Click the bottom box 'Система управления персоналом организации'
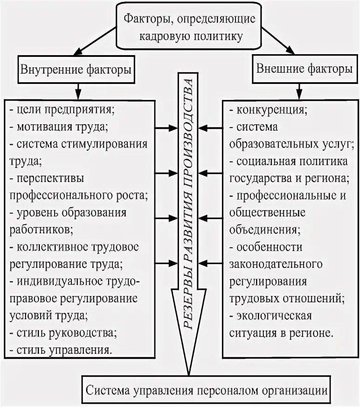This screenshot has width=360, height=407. coord(206,389)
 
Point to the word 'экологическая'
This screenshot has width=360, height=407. coord(274,316)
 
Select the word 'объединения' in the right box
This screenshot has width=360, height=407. coord(263,230)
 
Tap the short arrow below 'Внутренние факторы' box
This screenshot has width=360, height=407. coord(78,90)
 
